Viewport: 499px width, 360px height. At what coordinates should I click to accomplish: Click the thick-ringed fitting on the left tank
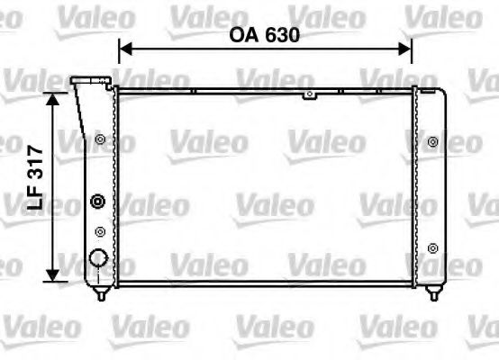[98, 202]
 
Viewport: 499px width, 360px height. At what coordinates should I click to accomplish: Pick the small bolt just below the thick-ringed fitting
[99, 231]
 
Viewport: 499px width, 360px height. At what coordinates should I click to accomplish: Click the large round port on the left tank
[98, 259]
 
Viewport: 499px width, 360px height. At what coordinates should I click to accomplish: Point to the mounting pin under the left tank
[102, 293]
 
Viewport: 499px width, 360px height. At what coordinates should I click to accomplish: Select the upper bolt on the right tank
[433, 141]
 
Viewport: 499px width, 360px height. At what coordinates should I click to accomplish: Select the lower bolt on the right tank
[433, 247]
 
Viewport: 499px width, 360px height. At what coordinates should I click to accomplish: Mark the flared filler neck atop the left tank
[87, 84]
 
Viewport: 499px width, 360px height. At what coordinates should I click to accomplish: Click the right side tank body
[434, 189]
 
